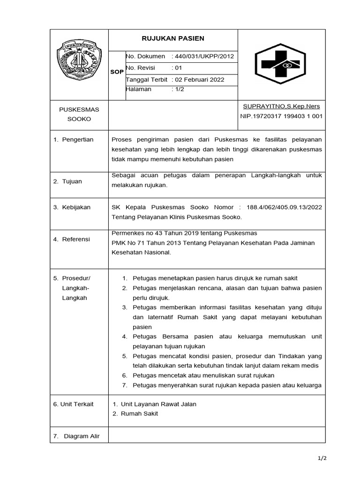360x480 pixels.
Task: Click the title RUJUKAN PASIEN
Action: [x=173, y=38]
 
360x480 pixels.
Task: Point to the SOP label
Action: [x=117, y=72]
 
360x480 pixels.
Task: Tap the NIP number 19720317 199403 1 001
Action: [x=287, y=116]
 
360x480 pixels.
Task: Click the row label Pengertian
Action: [x=78, y=139]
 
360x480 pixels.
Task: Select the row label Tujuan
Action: [x=72, y=181]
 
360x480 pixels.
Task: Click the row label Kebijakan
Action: [x=76, y=207]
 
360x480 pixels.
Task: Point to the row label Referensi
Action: [x=76, y=239]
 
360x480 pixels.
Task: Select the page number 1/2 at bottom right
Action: [x=322, y=458]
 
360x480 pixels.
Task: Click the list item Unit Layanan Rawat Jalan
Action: [x=158, y=404]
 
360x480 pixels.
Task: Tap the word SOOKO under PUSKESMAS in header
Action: [x=79, y=119]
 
